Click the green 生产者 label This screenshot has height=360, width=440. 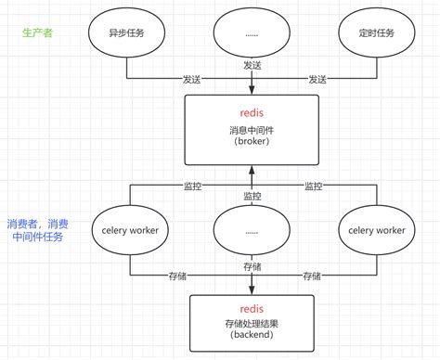38,32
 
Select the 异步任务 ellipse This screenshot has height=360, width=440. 129,33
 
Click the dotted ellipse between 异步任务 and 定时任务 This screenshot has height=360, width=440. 251,34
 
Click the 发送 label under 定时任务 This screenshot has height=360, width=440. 317,80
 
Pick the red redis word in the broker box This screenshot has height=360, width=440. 251,112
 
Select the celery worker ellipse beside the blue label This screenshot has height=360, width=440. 129,229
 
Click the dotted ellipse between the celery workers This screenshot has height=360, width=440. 251,229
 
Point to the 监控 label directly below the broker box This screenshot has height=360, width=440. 252,196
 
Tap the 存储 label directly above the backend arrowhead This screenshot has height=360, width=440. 252,266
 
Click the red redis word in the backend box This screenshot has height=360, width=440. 251,308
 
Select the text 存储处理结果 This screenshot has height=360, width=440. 251,324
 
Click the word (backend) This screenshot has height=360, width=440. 251,339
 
